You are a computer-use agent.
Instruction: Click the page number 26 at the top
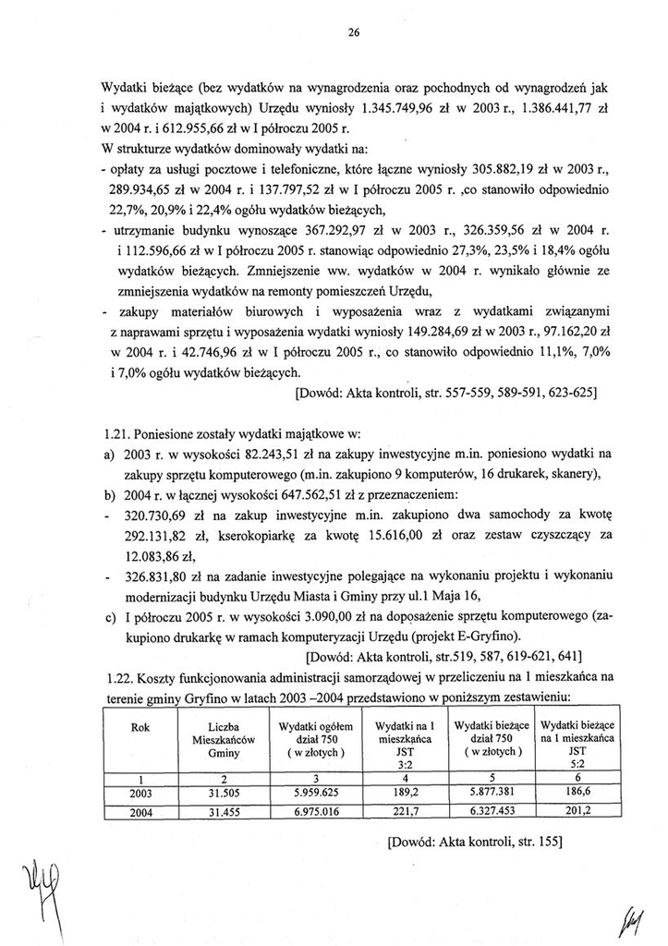click(353, 33)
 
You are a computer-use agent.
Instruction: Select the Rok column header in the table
click(141, 728)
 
